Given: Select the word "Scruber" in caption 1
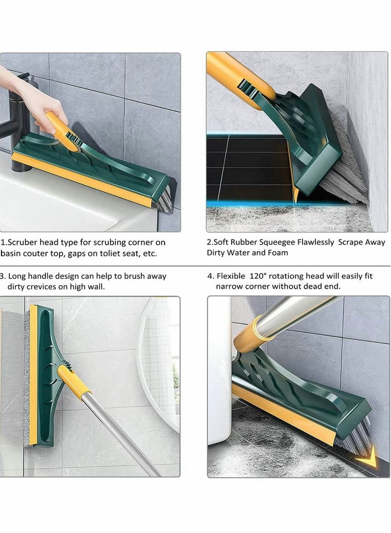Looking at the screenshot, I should [24, 242].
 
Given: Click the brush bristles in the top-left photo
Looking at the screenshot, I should [164, 195].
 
